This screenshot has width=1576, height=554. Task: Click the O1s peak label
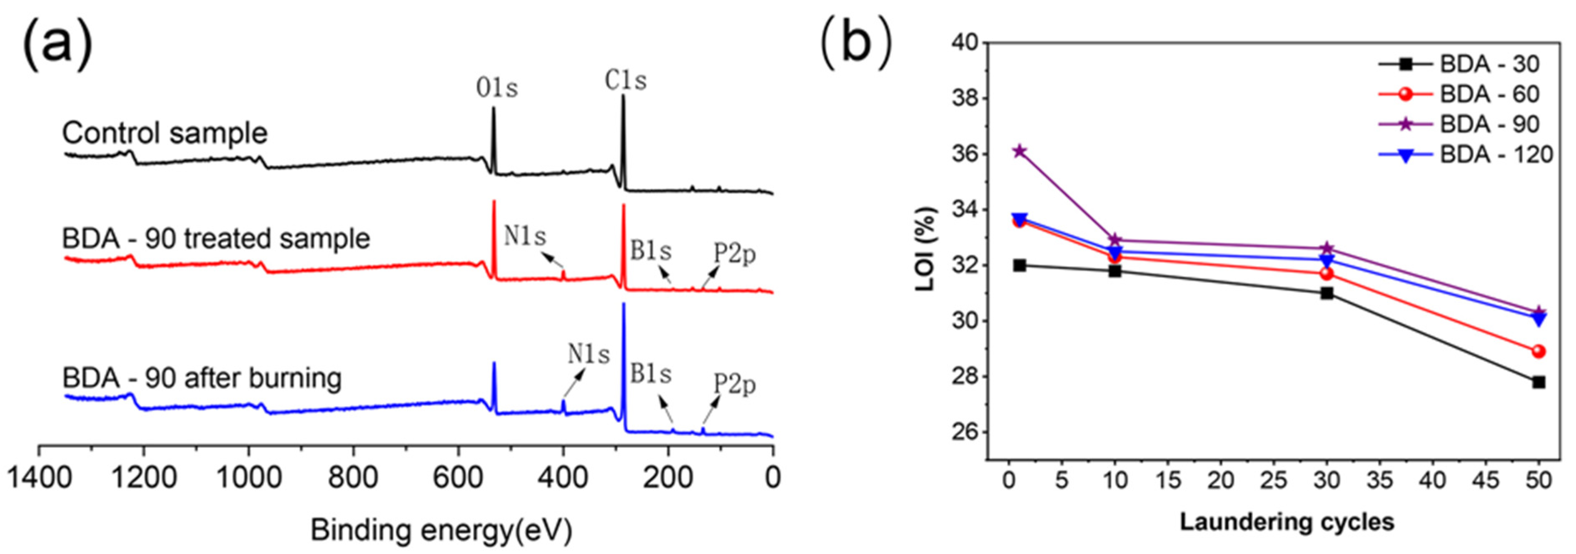click(497, 89)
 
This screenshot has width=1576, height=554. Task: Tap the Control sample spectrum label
click(165, 133)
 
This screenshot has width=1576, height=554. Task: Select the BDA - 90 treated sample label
click(217, 238)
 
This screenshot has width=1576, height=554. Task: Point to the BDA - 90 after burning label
click(202, 378)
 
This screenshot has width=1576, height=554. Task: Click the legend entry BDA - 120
click(1496, 155)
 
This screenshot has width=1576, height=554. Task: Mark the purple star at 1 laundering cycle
click(1019, 151)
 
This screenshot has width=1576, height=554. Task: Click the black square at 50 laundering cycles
click(1539, 382)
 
